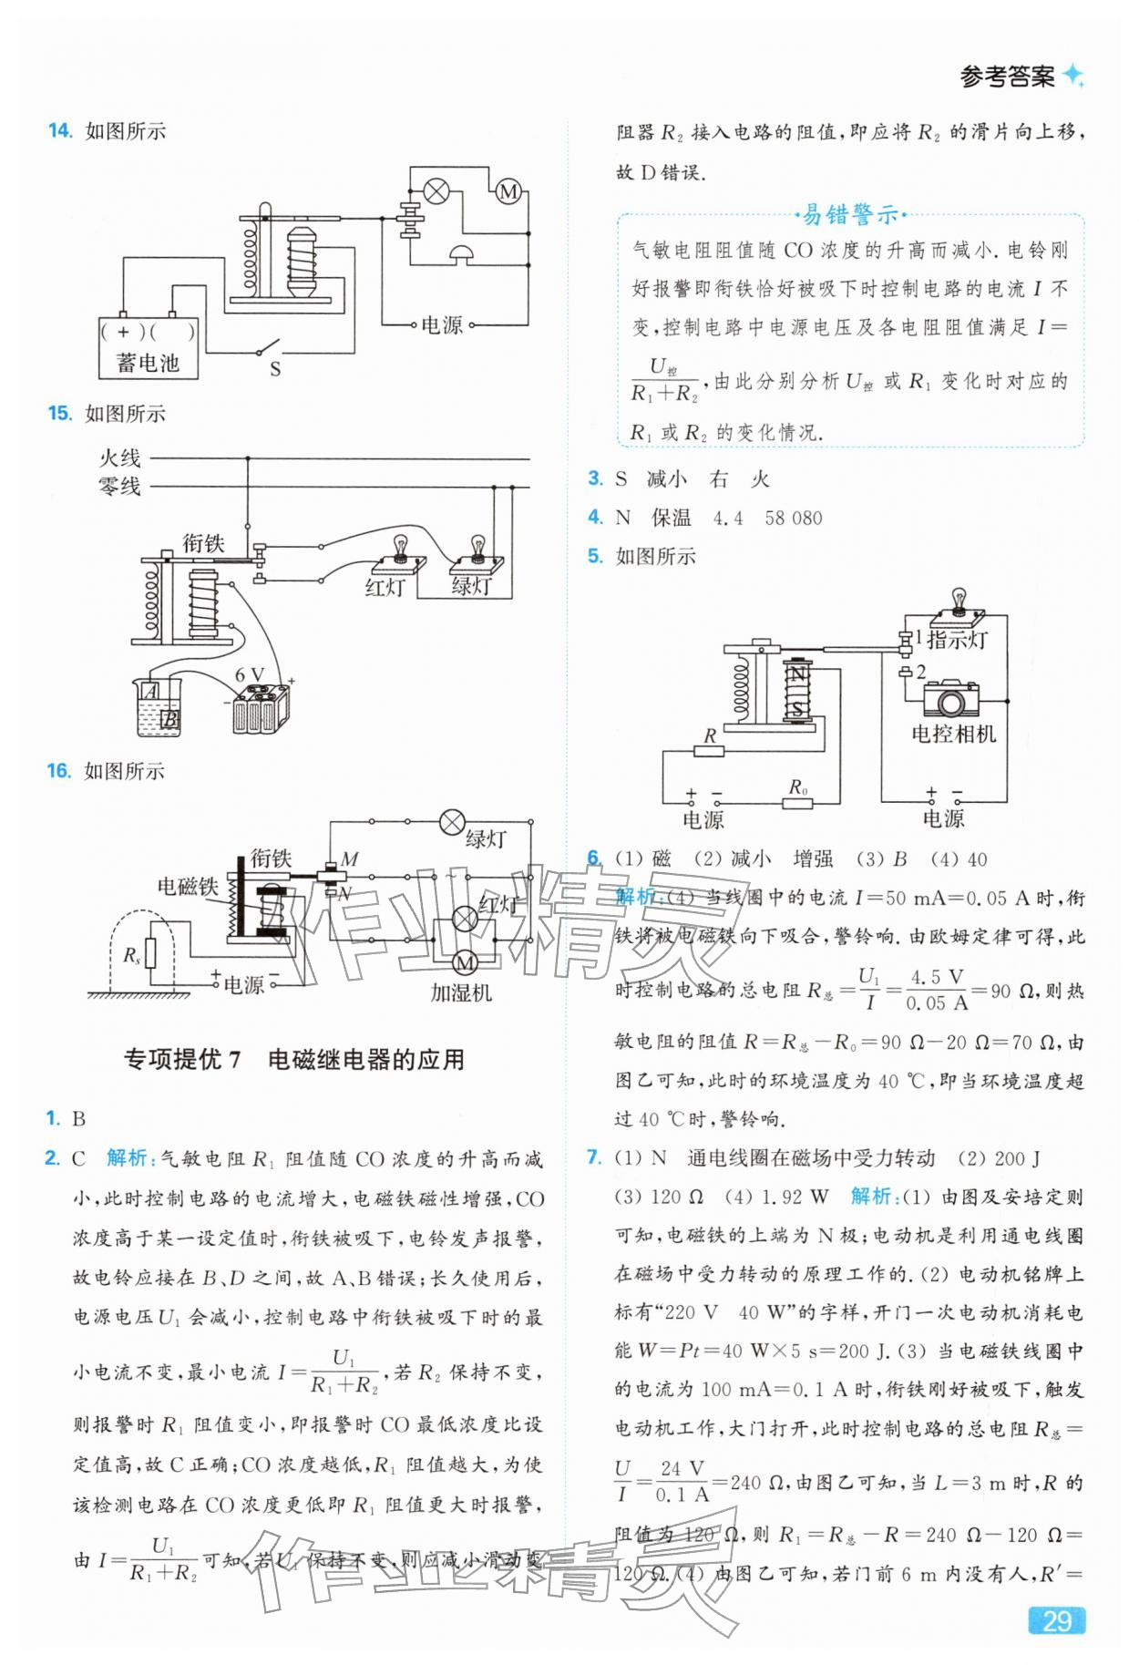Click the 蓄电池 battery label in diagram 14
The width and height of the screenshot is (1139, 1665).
pos(148,363)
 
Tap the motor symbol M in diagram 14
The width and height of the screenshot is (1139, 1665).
pos(508,191)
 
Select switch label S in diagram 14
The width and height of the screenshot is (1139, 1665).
pos(274,369)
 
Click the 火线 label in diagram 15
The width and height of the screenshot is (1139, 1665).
pos(119,457)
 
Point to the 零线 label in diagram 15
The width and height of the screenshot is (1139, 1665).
pos(119,486)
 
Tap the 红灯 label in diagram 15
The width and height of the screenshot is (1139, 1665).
pos(385,587)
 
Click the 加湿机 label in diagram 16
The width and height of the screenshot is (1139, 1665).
pos(461,992)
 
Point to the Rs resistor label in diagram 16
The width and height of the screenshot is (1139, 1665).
pos(132,954)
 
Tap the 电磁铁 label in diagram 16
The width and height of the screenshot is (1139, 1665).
pos(188,886)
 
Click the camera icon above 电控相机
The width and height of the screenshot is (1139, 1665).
pos(951,699)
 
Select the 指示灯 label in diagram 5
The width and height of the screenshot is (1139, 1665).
pos(958,640)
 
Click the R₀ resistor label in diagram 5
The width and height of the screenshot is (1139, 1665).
pos(798,786)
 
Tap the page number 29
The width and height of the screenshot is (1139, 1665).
pos(1056,1622)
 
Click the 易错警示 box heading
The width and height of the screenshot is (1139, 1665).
pos(849,215)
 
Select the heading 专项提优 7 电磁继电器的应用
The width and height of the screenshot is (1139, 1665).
pos(293,1059)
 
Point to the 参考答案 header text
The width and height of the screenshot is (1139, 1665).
pos(1007,77)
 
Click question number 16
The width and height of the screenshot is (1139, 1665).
pos(58,771)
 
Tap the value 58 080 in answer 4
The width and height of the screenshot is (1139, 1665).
pos(794,518)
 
